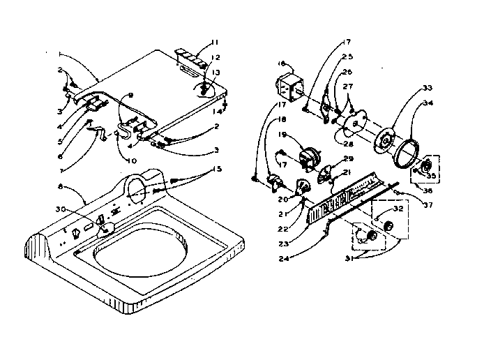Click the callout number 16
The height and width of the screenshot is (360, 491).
coord(282,63)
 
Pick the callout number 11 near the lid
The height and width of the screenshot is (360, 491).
coord(216,41)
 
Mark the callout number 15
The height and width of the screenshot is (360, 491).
coord(219,168)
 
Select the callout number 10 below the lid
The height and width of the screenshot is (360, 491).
coord(131,160)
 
